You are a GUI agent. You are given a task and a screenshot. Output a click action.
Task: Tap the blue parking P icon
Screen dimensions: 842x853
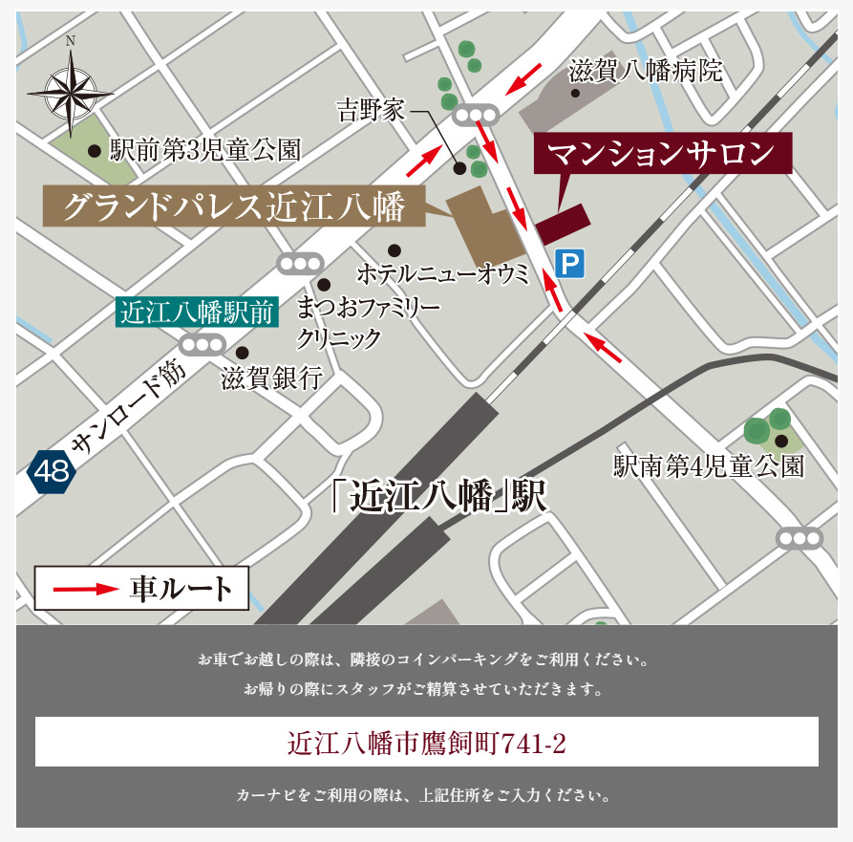click(569, 263)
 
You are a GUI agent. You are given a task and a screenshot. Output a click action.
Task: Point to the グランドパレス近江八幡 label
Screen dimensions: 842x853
click(234, 205)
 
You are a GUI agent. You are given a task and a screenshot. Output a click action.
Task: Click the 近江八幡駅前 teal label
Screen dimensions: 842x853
click(197, 313)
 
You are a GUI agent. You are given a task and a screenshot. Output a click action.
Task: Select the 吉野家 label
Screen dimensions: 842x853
click(372, 111)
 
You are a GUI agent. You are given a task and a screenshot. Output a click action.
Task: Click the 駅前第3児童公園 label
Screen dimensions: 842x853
click(205, 150)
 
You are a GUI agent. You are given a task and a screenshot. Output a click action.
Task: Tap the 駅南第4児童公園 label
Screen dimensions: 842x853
click(708, 466)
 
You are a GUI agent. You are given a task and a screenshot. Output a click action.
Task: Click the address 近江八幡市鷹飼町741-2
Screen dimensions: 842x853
click(426, 743)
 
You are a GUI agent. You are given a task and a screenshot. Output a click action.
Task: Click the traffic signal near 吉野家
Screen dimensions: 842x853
click(477, 116)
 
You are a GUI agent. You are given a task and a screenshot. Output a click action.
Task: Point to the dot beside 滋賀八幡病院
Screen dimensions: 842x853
click(575, 93)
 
